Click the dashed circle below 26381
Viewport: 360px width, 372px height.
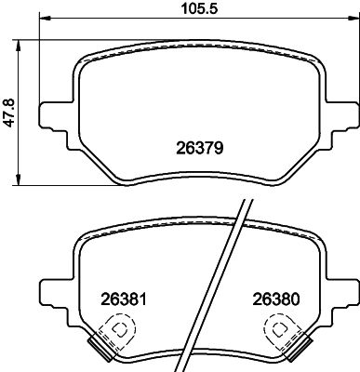[x=117, y=328]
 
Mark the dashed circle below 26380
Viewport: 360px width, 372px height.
[x=278, y=328]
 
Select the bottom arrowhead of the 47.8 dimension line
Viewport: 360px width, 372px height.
[x=21, y=182]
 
